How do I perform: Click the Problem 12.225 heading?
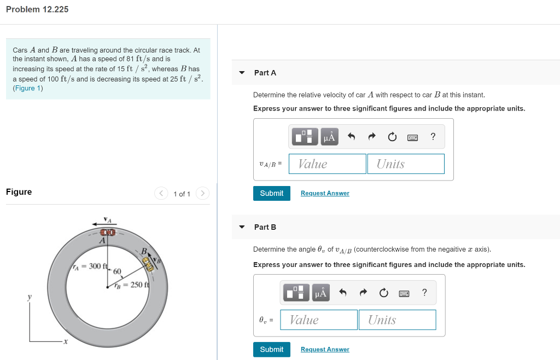37,9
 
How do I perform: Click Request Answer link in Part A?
325,193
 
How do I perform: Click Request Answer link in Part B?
325,349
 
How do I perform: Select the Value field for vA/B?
328,164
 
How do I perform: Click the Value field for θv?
319,320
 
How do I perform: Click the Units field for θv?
398,320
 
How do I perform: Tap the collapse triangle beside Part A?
242,73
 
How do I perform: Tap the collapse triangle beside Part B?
242,227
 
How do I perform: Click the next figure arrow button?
202,194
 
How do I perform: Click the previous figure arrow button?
161,194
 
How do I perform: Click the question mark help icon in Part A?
433,137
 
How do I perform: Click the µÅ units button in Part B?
320,293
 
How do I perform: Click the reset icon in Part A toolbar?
392,137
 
